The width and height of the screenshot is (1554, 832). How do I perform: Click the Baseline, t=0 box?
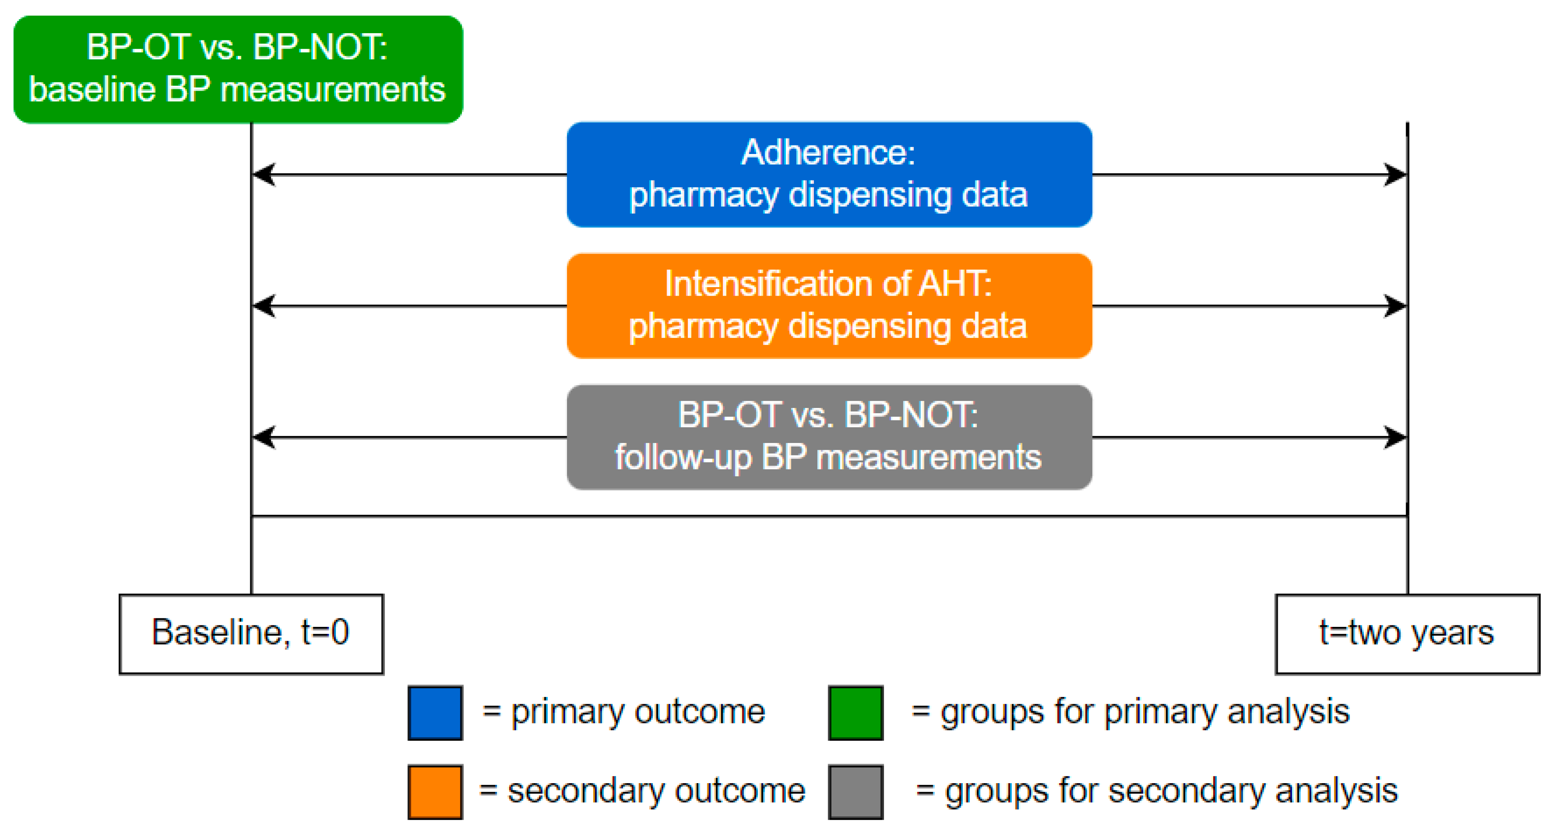coord(251,634)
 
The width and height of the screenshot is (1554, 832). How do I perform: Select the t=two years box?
coord(1407,634)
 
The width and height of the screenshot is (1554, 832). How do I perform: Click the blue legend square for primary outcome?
coord(435,713)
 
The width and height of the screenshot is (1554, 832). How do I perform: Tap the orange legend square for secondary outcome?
coord(435,792)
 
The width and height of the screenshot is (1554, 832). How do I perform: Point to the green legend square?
coord(855,713)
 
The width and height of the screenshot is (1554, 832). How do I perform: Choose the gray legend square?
coord(855,792)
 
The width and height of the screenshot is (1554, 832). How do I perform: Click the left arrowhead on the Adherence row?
coord(263,175)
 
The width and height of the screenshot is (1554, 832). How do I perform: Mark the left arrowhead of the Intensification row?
coord(263,306)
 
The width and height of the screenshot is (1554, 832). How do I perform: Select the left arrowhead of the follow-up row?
coord(263,437)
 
